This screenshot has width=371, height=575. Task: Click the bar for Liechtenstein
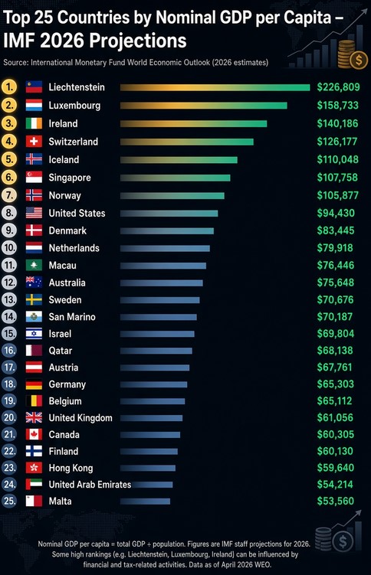pos(215,87)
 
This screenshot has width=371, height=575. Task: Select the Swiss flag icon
pos(34,142)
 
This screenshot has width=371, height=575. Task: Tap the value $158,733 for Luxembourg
pos(337,105)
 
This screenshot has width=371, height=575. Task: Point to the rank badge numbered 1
pos(9,87)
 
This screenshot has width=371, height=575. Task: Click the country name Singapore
pos(70,178)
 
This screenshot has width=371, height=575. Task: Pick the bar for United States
pos(169,214)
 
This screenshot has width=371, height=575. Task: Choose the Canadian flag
pos(34,435)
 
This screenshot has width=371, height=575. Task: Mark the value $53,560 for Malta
pos(336,501)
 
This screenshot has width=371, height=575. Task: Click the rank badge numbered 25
pos(9,501)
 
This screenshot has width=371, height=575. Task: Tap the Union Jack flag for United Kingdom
pos(34,418)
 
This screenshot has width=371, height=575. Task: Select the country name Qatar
pos(61,351)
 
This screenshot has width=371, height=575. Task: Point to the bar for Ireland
pos(193,123)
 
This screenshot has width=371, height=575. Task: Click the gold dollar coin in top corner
pos(359,60)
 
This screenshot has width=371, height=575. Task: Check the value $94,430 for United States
pos(336,213)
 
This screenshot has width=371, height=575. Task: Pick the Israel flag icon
pos(34,334)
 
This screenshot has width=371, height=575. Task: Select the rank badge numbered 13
pos(9,300)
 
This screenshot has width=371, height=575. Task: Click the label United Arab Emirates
pos(90,485)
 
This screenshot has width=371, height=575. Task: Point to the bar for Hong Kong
pos(147,468)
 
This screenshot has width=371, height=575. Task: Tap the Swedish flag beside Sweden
pos(34,300)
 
